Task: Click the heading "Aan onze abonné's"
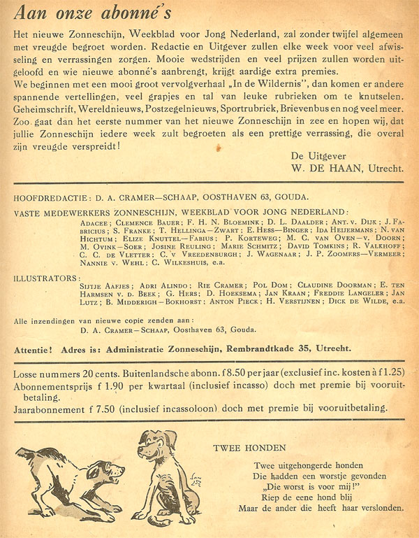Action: (95, 13)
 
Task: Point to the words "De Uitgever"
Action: (321, 156)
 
